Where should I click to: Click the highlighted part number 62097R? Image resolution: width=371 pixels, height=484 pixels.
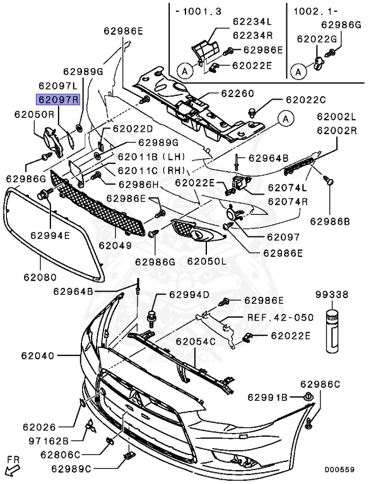(x=58, y=100)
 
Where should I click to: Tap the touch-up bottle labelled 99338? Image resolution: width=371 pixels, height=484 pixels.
(x=333, y=331)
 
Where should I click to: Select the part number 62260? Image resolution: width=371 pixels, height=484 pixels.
(x=237, y=93)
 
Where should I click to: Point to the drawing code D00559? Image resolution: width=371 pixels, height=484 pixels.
(x=339, y=470)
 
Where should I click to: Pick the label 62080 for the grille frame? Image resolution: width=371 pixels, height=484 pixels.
(x=40, y=277)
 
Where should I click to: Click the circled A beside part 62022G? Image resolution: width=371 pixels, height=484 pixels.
(x=298, y=72)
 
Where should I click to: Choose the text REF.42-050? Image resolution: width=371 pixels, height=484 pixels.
(x=280, y=318)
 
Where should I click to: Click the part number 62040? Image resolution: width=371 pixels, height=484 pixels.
(x=38, y=356)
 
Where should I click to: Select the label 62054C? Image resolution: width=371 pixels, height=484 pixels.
(x=196, y=342)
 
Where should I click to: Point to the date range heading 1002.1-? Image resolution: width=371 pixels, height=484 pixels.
(x=315, y=11)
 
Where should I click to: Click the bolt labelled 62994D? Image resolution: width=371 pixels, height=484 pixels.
(x=151, y=318)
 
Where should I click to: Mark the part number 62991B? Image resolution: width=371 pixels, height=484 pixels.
(x=268, y=398)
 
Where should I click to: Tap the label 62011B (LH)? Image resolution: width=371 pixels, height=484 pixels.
(x=151, y=157)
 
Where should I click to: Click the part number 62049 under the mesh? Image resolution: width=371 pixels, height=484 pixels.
(x=115, y=245)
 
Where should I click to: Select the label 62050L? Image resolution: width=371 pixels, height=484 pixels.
(x=207, y=261)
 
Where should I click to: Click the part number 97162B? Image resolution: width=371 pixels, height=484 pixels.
(x=49, y=441)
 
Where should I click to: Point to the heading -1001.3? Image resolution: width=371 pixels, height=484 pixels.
(x=198, y=11)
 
